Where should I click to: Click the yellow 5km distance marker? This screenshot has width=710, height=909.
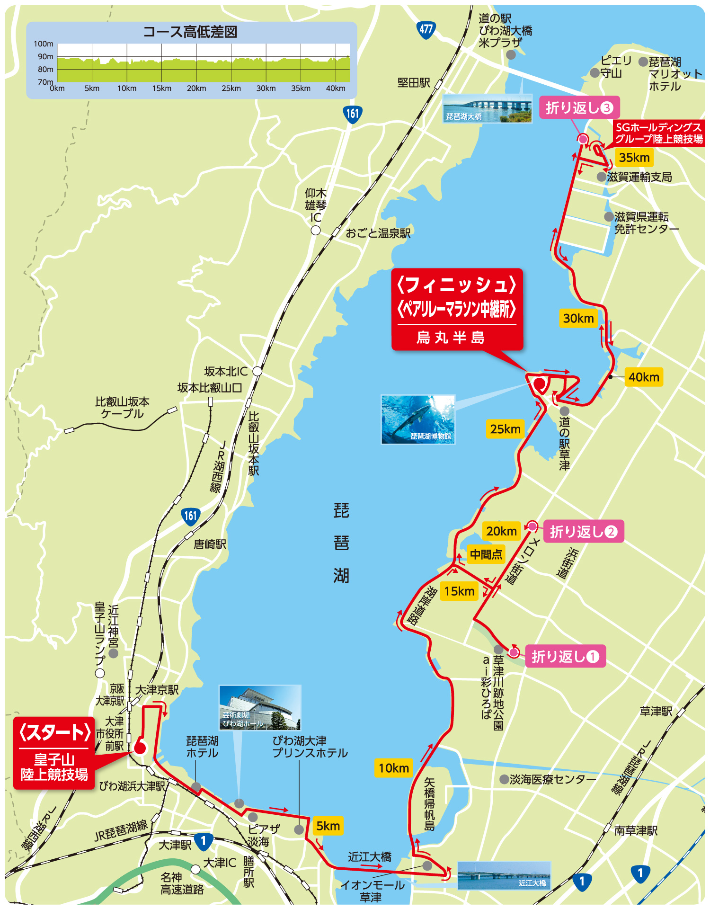point(328,826)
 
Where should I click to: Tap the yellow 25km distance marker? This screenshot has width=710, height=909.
point(505,429)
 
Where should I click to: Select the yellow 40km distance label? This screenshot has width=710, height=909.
point(643,377)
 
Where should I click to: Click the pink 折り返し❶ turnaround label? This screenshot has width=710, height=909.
point(565,657)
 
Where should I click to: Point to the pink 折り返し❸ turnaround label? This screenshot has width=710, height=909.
point(579,108)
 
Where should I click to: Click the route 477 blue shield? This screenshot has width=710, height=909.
point(426,29)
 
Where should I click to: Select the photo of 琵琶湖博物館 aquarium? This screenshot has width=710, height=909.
point(418,419)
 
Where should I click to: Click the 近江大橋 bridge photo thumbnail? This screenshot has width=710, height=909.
point(504,875)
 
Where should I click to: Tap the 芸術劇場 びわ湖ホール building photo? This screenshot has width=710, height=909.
point(259,707)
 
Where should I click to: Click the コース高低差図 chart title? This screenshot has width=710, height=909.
point(190,32)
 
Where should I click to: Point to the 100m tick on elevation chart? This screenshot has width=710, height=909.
point(44,44)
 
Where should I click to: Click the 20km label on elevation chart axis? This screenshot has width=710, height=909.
point(196,89)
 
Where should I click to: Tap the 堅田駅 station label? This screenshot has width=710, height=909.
point(413,83)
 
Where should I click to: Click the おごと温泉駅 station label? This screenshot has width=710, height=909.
point(378,233)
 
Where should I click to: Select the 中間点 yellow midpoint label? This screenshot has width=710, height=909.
point(486,554)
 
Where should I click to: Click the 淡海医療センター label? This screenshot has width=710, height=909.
point(552,779)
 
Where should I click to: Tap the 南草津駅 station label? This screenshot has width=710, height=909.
point(636,830)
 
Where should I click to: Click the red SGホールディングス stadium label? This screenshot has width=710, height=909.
point(658,134)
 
